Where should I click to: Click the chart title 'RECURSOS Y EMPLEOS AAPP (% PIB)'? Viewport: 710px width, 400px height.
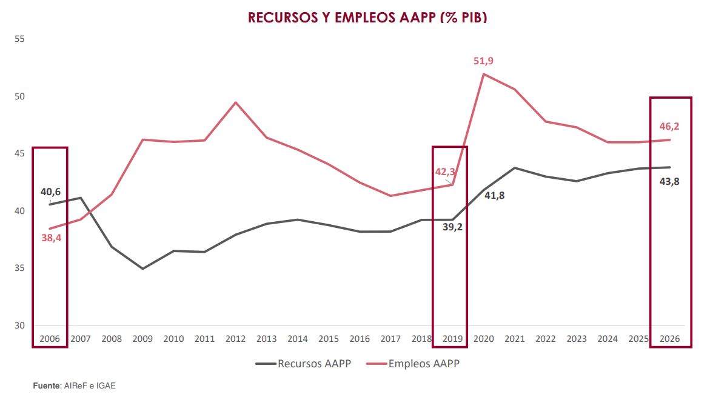[x=367, y=18]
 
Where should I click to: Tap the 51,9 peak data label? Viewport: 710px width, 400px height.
[x=483, y=61]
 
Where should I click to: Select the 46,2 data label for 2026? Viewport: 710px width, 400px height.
[x=669, y=127]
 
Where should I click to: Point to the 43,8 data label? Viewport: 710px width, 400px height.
[x=669, y=181]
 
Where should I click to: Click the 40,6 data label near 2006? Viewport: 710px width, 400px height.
[x=50, y=192]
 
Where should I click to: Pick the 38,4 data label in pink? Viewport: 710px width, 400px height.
[x=51, y=238]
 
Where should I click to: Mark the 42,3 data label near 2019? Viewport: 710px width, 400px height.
[x=444, y=172]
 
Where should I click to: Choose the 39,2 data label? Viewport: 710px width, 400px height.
[x=452, y=227]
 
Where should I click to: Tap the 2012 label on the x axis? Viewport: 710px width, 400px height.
[x=236, y=338]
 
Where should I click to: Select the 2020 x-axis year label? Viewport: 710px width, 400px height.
[x=484, y=338]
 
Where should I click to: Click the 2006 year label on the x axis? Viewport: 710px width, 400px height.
[x=50, y=338]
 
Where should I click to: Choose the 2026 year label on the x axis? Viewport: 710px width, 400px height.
[x=669, y=338]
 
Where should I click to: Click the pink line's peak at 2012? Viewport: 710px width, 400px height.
[x=236, y=102]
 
